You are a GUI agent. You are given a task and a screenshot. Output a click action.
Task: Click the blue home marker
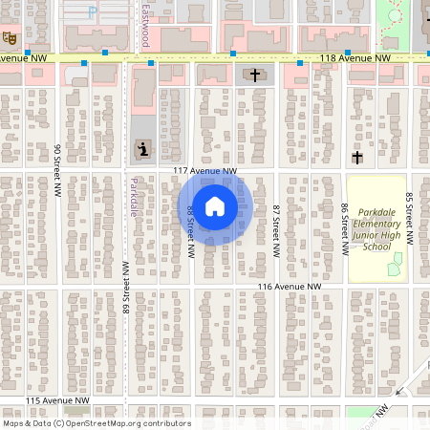(215, 206)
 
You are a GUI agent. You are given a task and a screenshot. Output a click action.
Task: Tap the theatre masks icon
(9, 38)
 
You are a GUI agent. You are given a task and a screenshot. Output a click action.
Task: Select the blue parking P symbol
(93, 12)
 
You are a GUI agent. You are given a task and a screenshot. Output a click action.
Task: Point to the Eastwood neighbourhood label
(144, 25)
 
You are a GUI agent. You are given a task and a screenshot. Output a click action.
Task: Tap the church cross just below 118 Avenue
(252, 75)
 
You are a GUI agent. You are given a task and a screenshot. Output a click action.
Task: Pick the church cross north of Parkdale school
(357, 157)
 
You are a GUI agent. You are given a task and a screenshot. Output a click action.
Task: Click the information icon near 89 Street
(143, 149)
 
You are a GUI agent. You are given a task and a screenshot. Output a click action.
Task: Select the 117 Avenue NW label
(204, 171)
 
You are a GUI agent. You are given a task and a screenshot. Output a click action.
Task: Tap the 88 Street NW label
(191, 230)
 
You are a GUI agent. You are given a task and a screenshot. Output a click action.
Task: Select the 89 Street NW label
(125, 287)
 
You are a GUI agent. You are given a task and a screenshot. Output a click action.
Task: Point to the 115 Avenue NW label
(57, 399)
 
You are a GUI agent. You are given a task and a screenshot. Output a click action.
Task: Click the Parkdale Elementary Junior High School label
(377, 229)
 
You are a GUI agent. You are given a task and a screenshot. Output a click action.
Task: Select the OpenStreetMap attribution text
(97, 423)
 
